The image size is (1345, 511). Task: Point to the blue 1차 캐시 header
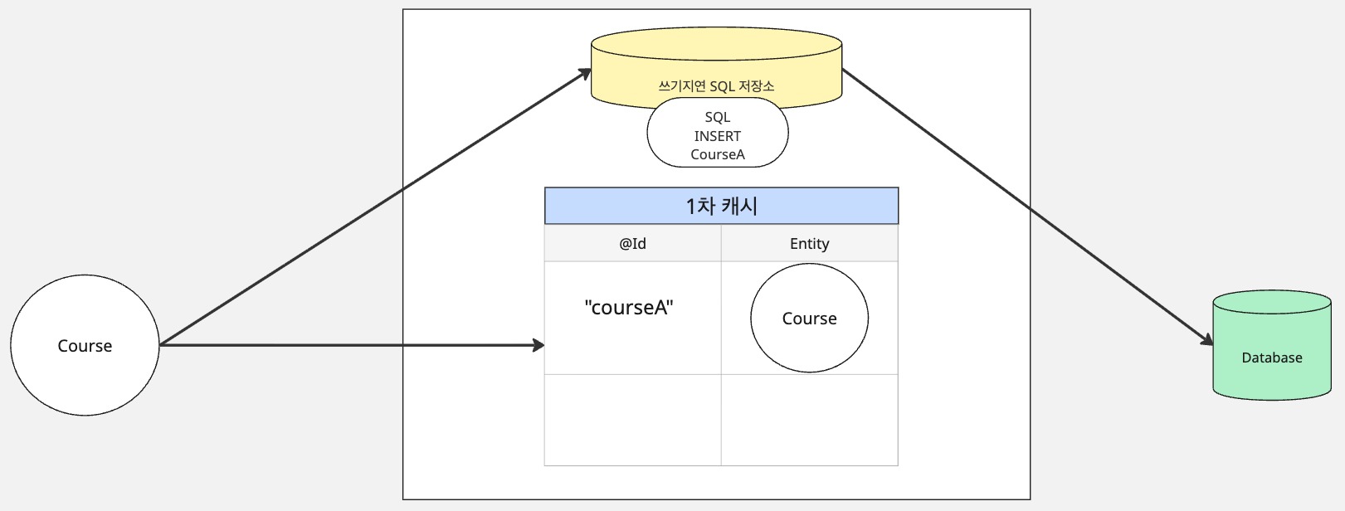(721, 206)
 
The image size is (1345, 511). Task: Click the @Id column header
(632, 243)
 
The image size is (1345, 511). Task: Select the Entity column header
(809, 243)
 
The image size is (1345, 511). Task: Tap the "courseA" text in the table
(629, 308)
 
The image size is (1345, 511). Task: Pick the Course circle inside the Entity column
(809, 340)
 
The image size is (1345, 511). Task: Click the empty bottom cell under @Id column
(632, 420)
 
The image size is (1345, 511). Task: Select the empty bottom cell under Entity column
(809, 420)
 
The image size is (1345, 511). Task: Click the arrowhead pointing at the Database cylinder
(1207, 340)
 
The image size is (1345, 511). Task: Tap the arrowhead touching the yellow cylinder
(586, 73)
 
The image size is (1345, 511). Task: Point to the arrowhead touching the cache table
(538, 345)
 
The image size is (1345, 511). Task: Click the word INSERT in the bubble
(718, 136)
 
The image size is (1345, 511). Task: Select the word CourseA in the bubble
(718, 154)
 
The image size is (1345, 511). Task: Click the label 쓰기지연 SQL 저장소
(716, 86)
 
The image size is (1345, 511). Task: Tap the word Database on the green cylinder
(1271, 358)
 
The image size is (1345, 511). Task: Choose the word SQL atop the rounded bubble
(718, 118)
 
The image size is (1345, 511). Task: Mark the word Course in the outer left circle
(85, 346)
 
